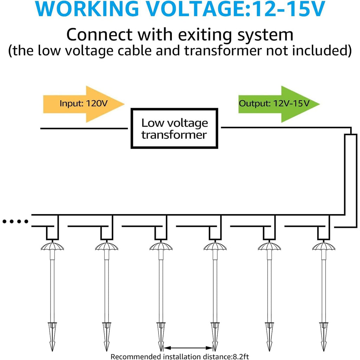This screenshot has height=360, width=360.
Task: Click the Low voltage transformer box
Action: tap(174, 128)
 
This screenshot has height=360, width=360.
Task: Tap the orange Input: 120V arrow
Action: tap(84, 104)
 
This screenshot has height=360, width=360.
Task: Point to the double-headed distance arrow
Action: tap(188, 348)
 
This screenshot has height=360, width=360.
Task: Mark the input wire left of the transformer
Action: tap(84, 128)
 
